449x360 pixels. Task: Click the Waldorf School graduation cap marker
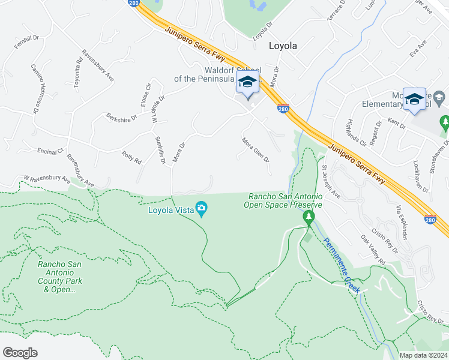click(247, 83)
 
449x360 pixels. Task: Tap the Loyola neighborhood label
click(283, 45)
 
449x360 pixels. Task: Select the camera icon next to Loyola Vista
click(202, 209)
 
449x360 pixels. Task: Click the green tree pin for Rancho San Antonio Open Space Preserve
click(309, 217)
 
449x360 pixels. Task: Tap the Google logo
click(20, 352)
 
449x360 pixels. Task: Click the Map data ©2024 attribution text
click(423, 355)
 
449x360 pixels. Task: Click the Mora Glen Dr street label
click(255, 150)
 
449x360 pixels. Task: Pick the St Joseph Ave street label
click(331, 181)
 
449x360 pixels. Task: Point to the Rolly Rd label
click(131, 158)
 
